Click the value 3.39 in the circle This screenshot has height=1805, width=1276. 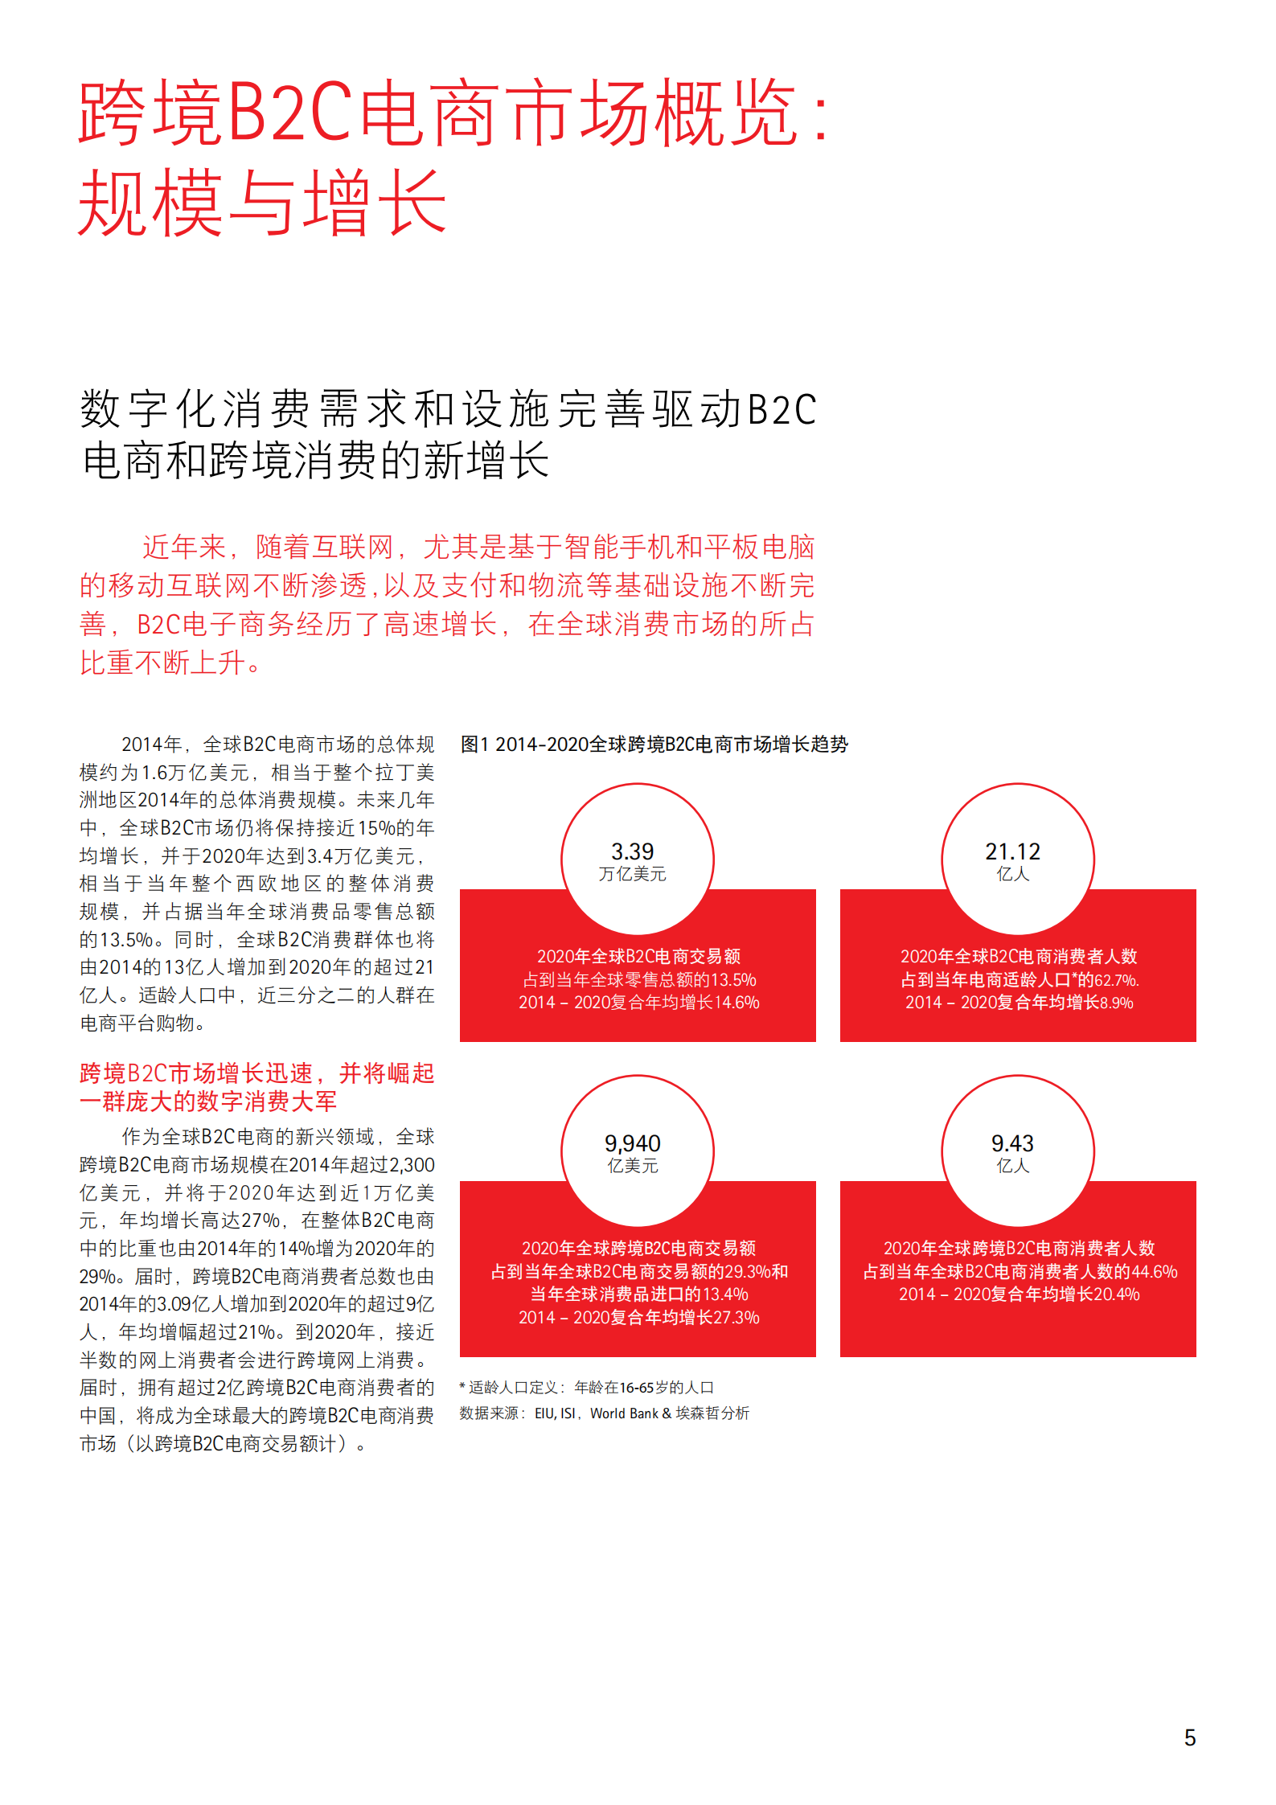click(x=632, y=851)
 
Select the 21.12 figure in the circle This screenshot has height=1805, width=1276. click(x=1012, y=851)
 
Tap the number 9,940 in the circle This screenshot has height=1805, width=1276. click(x=632, y=1142)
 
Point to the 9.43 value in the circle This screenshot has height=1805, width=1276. click(x=1012, y=1142)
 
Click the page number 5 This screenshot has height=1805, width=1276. click(x=1190, y=1737)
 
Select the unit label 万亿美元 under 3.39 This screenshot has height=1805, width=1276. click(x=632, y=874)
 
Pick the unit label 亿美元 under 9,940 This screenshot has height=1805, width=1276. click(x=632, y=1166)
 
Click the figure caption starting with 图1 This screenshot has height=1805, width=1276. click(x=654, y=745)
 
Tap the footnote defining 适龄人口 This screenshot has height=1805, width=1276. click(x=586, y=1388)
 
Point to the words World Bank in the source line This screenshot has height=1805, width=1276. click(x=624, y=1413)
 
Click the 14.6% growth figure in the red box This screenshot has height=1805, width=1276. click(x=737, y=1003)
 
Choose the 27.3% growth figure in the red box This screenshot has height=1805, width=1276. click(x=737, y=1318)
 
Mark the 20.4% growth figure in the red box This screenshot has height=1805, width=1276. click(x=1117, y=1294)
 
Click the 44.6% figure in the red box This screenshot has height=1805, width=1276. click(x=1155, y=1272)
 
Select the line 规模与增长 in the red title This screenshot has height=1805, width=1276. click(x=262, y=202)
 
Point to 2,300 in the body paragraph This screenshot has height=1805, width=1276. click(x=412, y=1165)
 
